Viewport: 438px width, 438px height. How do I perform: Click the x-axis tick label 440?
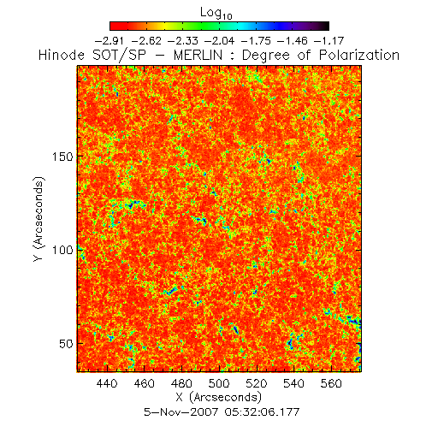107,383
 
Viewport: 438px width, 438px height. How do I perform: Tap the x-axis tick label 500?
219,383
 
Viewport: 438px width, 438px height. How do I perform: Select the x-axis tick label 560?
331,383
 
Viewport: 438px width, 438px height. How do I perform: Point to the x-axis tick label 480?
181,383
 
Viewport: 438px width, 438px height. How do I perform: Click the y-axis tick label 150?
62,157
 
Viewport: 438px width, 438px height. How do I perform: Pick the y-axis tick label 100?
62,250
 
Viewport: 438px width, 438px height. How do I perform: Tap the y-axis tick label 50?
66,344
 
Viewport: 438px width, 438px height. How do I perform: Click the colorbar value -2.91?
109,41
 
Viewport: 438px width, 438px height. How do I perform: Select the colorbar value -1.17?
329,41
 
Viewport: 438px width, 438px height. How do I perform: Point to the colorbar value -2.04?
219,41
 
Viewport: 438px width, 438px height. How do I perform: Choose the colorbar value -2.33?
183,41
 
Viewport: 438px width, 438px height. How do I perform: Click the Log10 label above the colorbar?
216,14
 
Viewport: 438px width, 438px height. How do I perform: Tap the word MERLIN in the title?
198,55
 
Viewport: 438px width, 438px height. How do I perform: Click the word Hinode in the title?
62,55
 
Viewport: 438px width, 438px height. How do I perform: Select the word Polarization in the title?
359,55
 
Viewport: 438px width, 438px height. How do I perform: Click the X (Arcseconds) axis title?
219,397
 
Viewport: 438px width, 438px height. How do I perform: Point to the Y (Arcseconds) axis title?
39,219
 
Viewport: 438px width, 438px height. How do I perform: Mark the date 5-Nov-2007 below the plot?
181,411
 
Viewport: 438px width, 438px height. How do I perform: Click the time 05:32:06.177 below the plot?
262,411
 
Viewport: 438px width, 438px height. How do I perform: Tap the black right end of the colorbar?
326,26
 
